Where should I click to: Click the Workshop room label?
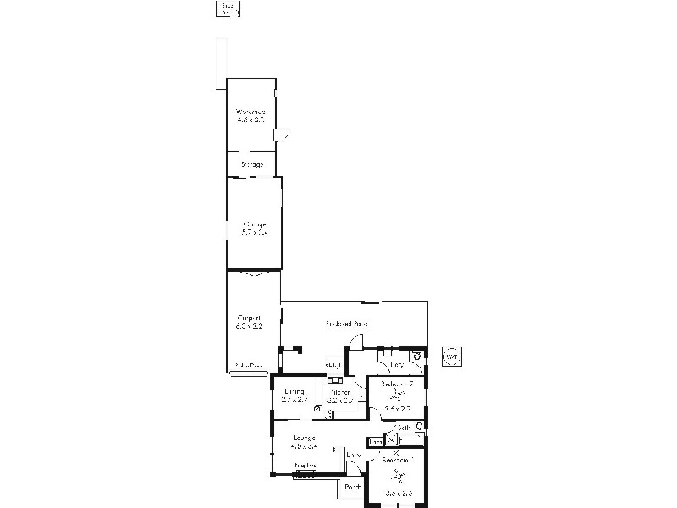coord(250,112)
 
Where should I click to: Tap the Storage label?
coord(251,164)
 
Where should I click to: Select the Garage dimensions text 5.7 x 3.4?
coord(255,232)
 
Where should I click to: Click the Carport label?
coord(248,317)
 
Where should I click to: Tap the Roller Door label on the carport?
coord(249,367)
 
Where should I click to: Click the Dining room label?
coord(294,391)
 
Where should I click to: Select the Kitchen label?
coord(341,393)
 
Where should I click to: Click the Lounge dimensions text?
coord(303,444)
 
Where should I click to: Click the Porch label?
coord(353,487)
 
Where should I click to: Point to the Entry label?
coord(354,456)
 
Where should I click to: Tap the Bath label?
coord(404,428)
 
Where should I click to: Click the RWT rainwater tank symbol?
coord(452,356)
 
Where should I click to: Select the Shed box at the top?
coord(227,9)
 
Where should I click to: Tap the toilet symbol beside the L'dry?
coord(416,357)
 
